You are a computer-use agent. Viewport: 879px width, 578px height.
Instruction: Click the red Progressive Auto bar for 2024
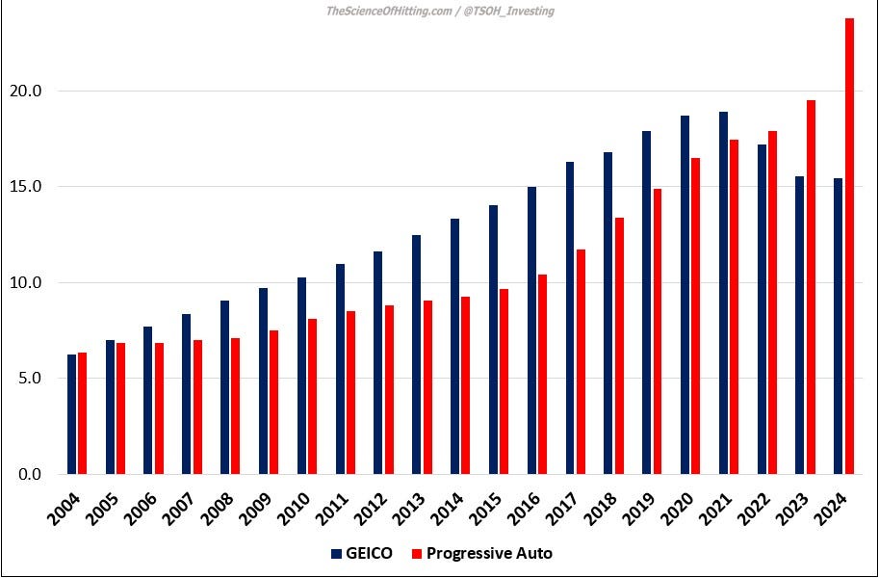[x=849, y=247]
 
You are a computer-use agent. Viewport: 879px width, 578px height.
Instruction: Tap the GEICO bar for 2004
[x=71, y=414]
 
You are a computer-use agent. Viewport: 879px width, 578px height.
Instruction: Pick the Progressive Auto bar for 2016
[x=542, y=375]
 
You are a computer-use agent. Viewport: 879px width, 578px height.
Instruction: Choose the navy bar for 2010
[x=301, y=376]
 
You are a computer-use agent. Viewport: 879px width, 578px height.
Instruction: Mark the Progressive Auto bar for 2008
[x=235, y=406]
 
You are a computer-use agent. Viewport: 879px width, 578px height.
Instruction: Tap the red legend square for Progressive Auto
[x=416, y=554]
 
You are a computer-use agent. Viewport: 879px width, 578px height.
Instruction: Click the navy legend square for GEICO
[x=336, y=554]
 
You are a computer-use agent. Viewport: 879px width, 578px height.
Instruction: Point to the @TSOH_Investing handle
[x=509, y=12]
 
